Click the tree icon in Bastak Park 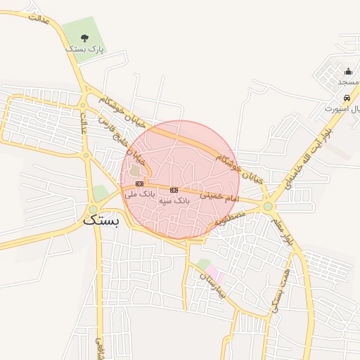[85, 38]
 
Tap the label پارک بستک [84, 50]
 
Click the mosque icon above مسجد [348, 71]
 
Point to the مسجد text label [348, 82]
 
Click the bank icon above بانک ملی [139, 184]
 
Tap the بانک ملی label [139, 193]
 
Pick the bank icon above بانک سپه [174, 190]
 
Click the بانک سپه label [174, 200]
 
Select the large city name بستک [102, 219]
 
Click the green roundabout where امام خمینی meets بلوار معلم [268, 206]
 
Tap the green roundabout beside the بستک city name [94, 209]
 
